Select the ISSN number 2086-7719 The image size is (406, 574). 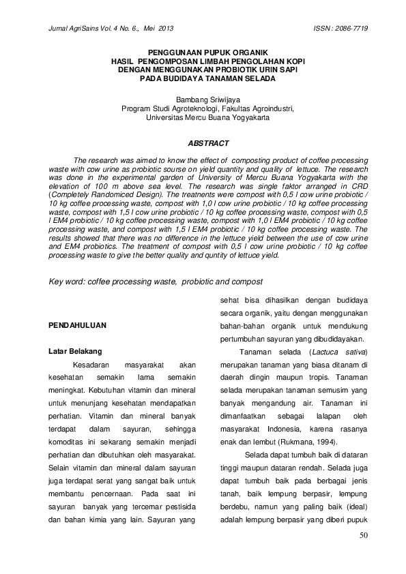347,29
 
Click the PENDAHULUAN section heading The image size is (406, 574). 77,327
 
